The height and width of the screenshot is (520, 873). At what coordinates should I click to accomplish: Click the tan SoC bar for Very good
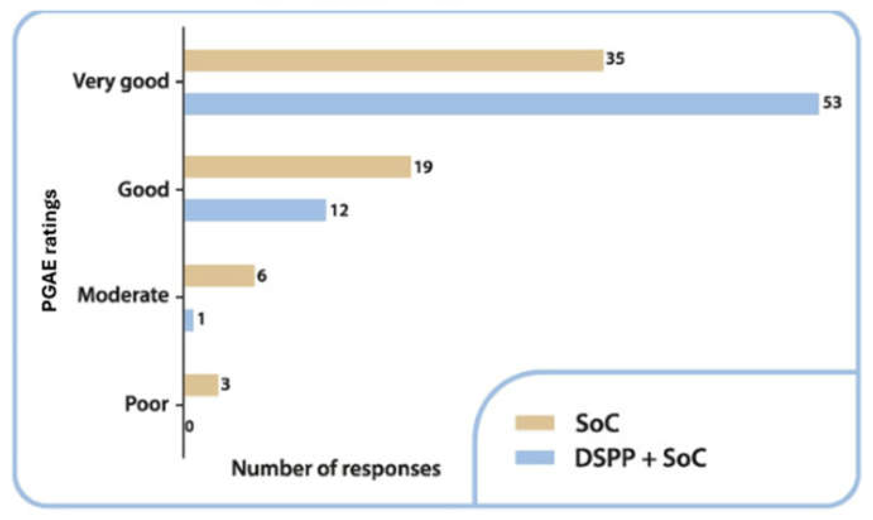coord(394,61)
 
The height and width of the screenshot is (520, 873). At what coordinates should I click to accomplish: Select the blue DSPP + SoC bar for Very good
coord(501,104)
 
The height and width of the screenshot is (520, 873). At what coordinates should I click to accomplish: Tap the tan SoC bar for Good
coord(297,167)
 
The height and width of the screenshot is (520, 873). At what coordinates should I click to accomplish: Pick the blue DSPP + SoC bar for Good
coord(255,210)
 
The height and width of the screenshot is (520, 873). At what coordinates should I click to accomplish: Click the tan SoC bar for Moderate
coord(219,276)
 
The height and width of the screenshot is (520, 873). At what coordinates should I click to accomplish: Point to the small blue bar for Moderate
coord(189,320)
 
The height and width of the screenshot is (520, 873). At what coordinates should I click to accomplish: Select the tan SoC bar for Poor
coord(201,385)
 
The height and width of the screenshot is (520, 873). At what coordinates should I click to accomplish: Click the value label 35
coord(615,59)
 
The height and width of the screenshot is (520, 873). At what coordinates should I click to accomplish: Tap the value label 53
coord(831,103)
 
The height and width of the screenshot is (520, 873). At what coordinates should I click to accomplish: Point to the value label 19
coord(424,167)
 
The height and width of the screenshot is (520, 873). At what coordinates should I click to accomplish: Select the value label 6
coord(262,276)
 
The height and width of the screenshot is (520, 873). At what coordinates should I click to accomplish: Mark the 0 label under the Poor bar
coord(189,427)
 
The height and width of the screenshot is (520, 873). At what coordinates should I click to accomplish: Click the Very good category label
coord(121,82)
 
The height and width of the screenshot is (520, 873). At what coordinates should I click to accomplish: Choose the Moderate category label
coord(123,295)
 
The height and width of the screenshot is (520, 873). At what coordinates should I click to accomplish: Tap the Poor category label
coord(147,404)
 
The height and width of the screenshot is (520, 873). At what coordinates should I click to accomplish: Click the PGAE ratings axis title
coord(49,250)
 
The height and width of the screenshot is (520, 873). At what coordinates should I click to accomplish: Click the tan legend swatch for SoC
coord(535,423)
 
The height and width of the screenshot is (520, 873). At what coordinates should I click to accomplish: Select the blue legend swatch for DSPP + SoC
coord(535,457)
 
